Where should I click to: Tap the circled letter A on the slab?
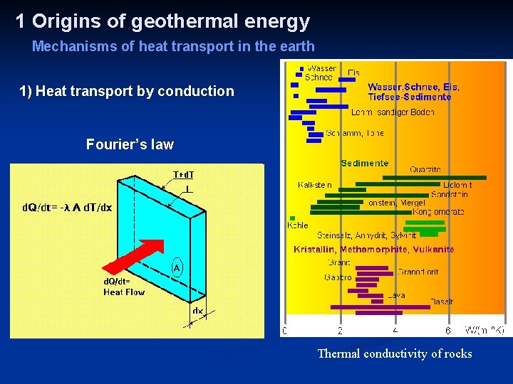point(176,267)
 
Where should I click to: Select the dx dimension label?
point(197,311)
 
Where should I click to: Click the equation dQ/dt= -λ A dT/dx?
point(66,208)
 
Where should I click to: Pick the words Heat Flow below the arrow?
point(124,292)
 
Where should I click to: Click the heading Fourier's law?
point(130,144)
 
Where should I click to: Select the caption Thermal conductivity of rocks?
point(394,353)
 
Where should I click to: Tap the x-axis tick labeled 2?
point(341,331)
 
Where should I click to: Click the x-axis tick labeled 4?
point(395,331)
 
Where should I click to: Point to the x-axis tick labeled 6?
point(448,331)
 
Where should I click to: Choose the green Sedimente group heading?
point(364,164)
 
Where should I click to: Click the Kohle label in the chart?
point(298,225)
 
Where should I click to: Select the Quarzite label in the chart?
point(425,170)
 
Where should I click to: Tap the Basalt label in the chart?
point(441,302)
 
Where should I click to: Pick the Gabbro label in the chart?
point(338,277)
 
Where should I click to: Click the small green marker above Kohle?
point(292,218)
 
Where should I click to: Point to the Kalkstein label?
point(315,186)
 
